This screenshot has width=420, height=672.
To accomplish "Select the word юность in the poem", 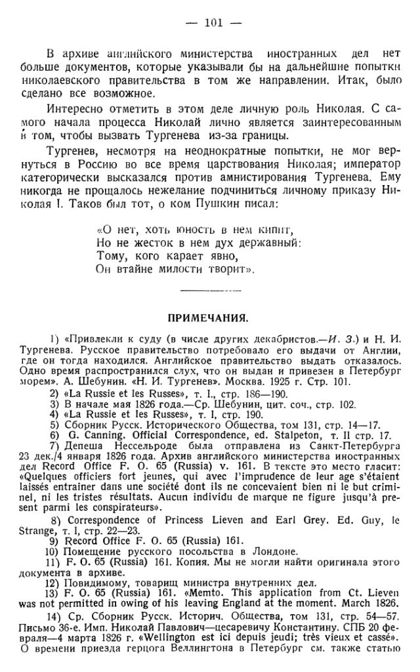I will (175, 230).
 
